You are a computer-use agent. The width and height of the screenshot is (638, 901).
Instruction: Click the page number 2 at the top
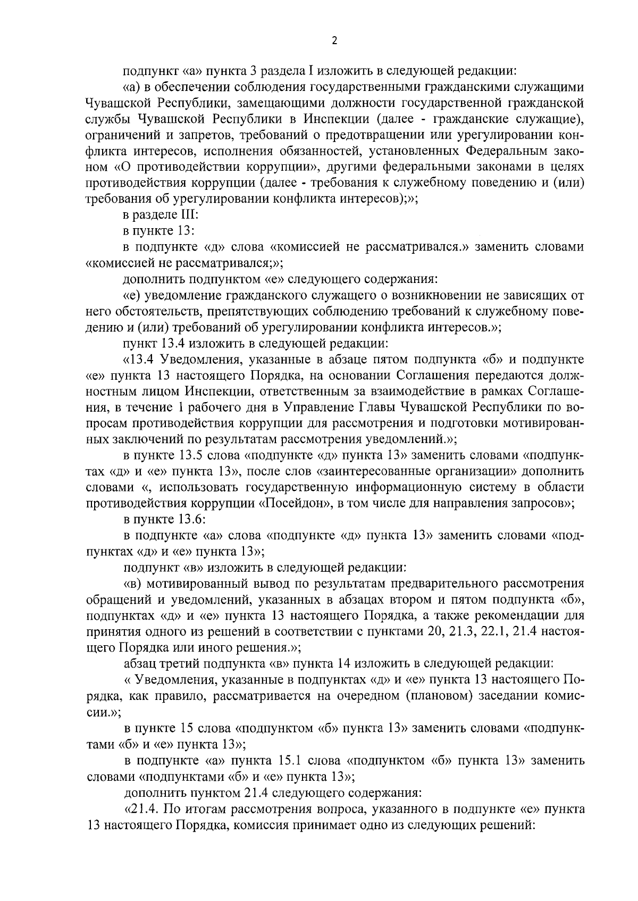pyautogui.click(x=334, y=40)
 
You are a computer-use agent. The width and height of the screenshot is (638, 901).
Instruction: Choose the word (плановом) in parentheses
pyautogui.click(x=438, y=696)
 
